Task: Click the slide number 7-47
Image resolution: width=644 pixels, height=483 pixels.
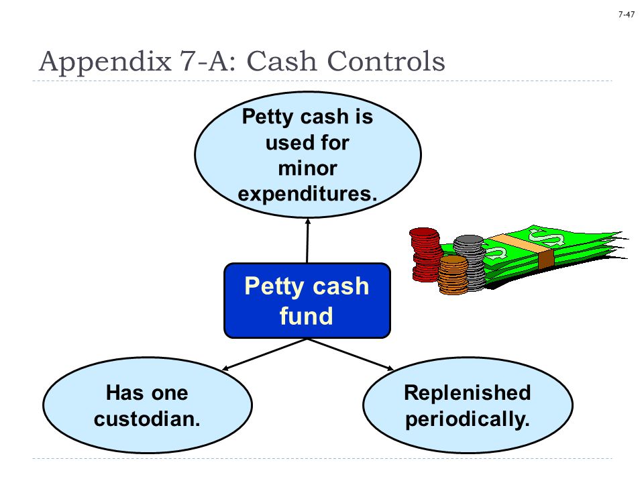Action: (627, 14)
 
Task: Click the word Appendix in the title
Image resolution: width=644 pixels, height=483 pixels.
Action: (105, 62)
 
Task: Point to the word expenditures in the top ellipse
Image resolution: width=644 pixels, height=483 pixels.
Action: (307, 194)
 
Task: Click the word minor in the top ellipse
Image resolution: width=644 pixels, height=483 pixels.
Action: (308, 168)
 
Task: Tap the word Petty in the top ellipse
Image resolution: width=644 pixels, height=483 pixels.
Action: (267, 117)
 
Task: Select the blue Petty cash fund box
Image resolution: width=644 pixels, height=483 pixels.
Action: (307, 301)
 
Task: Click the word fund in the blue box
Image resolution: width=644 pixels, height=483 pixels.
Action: (307, 315)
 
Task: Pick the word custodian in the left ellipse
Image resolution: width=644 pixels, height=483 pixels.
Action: (147, 419)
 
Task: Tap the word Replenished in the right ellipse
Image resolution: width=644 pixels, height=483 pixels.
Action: (468, 392)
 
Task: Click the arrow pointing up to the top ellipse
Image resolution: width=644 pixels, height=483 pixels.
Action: (308, 241)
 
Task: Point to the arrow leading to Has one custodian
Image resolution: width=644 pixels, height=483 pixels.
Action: (264, 354)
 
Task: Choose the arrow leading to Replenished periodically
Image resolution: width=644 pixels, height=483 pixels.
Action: (351, 354)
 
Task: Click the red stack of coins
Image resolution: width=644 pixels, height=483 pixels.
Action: (425, 255)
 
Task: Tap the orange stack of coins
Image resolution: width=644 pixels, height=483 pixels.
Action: (453, 275)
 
